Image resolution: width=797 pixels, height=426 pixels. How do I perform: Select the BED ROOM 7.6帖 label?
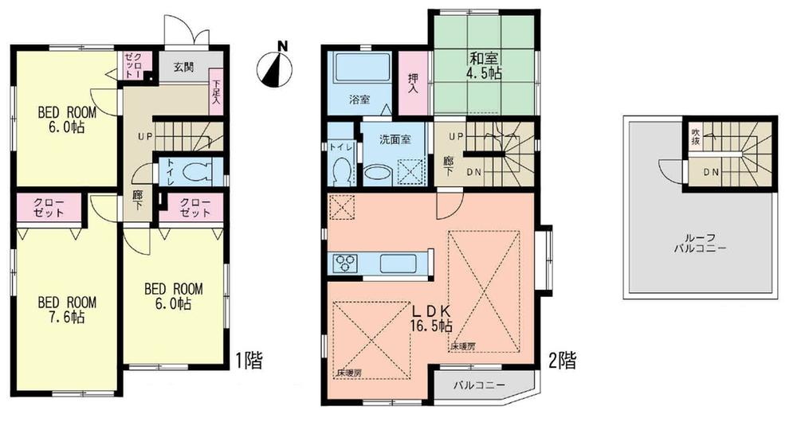pyautogui.click(x=68, y=310)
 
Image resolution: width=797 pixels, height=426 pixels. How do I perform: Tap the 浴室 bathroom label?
pyautogui.click(x=359, y=100)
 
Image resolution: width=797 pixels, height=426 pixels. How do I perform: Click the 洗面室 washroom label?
pyautogui.click(x=395, y=139)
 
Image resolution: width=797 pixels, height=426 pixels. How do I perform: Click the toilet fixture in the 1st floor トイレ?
pyautogui.click(x=196, y=170)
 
